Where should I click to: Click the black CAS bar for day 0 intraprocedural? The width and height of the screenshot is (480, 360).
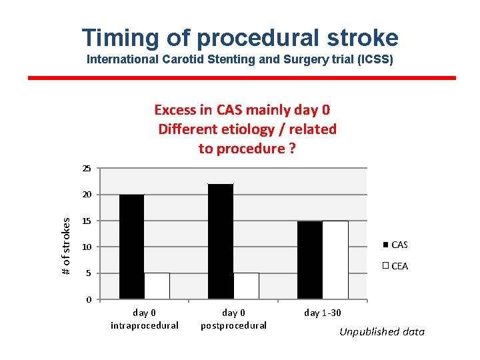(x=131, y=247)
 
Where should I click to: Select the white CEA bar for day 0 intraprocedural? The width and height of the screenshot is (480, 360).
(x=157, y=285)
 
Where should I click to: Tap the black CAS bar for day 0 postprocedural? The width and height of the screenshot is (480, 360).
(x=221, y=241)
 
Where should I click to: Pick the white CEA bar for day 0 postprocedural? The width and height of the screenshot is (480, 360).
(x=246, y=285)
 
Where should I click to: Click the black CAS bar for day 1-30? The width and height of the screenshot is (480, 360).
(x=310, y=259)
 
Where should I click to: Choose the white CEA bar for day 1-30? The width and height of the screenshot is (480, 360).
(x=335, y=259)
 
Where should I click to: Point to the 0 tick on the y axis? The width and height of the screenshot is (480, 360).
(x=89, y=299)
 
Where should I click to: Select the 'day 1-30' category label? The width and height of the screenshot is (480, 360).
(x=323, y=312)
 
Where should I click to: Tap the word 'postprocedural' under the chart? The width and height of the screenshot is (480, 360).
(x=233, y=325)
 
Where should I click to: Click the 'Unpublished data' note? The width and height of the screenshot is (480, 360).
(x=381, y=331)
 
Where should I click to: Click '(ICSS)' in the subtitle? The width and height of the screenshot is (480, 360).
(x=374, y=59)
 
